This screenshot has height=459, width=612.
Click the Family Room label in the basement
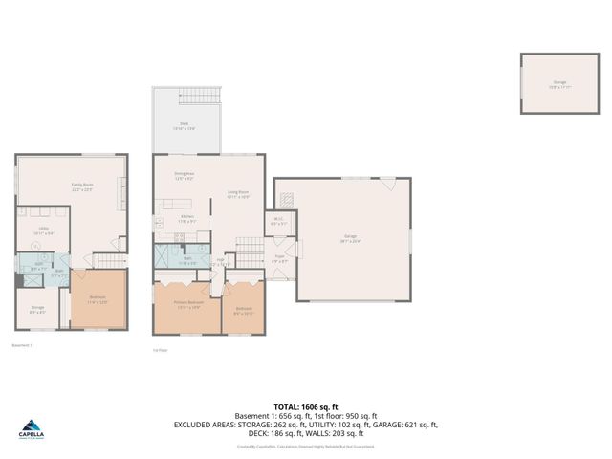point(81,186)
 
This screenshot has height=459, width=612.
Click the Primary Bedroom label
point(186,306)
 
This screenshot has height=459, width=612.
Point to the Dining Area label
point(185,176)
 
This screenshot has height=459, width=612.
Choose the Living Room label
point(238,194)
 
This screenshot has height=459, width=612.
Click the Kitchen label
point(188,219)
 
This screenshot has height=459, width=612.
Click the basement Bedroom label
point(98,300)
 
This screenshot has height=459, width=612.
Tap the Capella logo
point(31,431)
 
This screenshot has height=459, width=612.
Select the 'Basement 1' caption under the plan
point(21,345)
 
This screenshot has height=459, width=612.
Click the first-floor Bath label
point(188,258)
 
